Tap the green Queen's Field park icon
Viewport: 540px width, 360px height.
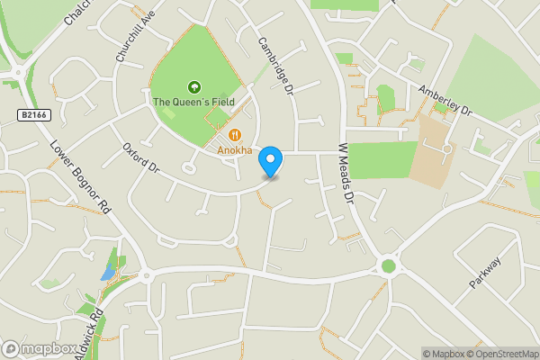[193, 86]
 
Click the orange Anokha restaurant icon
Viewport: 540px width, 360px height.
[234, 136]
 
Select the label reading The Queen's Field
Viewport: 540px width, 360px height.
[193, 102]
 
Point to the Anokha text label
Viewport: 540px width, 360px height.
[234, 150]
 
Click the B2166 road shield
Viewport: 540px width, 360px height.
[32, 114]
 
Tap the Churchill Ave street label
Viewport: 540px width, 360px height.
[130, 40]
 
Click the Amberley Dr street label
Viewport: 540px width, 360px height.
[445, 100]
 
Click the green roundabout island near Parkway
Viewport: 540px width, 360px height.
[389, 265]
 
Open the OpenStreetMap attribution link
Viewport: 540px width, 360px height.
[499, 354]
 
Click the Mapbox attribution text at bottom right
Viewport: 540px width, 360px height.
[441, 354]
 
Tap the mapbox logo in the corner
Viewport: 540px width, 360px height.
[40, 348]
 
